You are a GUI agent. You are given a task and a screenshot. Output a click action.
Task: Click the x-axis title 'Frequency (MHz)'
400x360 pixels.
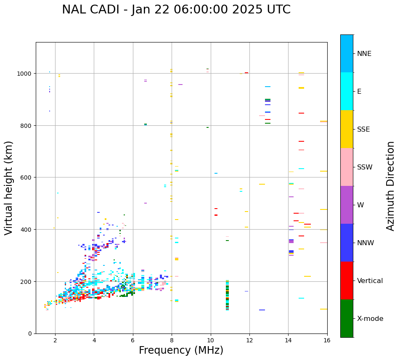pos(181,350)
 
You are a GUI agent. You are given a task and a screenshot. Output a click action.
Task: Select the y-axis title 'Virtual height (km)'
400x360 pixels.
pos(9,188)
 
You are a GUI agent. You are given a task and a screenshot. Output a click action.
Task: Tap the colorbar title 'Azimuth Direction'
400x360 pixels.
pos(391,186)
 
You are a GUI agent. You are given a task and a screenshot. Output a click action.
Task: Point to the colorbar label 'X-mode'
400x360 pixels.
pos(370,318)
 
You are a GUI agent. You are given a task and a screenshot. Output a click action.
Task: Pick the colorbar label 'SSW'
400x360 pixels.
pos(365,167)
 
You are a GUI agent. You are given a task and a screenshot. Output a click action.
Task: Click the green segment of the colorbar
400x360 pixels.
pos(347,318)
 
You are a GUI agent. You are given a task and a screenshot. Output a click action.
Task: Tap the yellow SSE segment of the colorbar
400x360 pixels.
pos(347,129)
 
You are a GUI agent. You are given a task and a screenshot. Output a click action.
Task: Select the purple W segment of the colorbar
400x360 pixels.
pos(347,205)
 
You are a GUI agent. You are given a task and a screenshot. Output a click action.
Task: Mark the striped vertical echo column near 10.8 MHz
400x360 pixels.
pos(227,295)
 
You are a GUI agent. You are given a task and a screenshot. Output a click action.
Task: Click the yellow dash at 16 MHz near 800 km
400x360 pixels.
pos(323,122)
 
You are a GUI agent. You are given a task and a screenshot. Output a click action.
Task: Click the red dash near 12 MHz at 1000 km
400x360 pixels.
pos(246,73)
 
